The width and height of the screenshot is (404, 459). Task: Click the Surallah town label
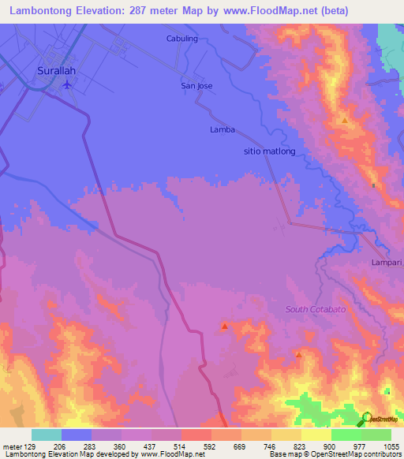coord(57,70)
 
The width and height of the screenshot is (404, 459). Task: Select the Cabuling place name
coord(182,38)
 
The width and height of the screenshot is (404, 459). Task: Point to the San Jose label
coord(197,85)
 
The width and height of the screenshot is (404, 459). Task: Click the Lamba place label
coord(223,129)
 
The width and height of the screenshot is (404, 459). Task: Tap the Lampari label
coord(387,262)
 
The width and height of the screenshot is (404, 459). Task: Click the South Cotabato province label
coord(316,309)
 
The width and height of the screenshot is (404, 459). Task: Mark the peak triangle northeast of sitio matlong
coord(345,121)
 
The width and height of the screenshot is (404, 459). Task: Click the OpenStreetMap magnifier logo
coord(367,418)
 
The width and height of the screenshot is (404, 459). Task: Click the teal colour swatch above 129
coord(47,434)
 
